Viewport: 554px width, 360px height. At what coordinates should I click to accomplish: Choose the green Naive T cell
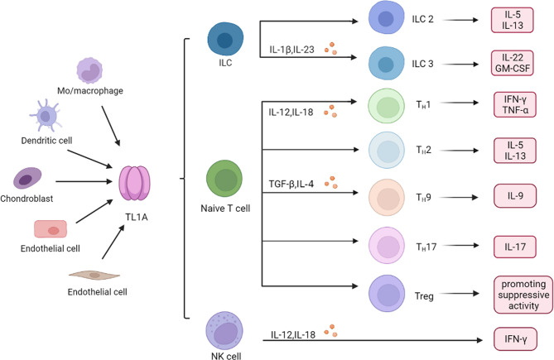224,179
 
